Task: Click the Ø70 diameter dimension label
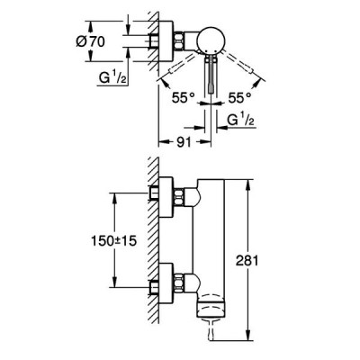coord(90,41)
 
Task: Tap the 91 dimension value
coord(184,142)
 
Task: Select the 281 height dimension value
coord(247,261)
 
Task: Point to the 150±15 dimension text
coord(113,240)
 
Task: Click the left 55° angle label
coord(183,98)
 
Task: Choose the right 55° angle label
coord(239,98)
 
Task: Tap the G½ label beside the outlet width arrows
coord(241,121)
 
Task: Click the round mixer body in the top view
coord(211,41)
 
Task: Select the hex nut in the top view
coord(179,40)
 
